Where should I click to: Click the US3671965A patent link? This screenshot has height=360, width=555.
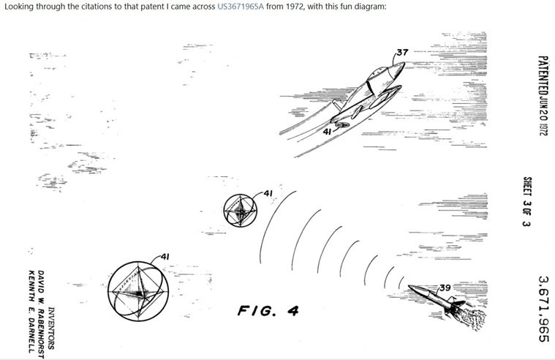pyautogui.click(x=241, y=7)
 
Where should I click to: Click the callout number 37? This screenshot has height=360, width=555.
pyautogui.click(x=402, y=53)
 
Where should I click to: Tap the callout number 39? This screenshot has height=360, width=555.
pyautogui.click(x=445, y=288)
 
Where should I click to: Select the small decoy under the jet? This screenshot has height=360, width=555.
pyautogui.click(x=342, y=124)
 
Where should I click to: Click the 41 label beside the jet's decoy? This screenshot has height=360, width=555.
pyautogui.click(x=328, y=132)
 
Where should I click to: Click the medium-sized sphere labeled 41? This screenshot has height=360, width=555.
pyautogui.click(x=241, y=211)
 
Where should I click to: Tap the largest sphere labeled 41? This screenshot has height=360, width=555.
pyautogui.click(x=138, y=291)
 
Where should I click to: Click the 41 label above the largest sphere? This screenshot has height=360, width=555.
pyautogui.click(x=165, y=257)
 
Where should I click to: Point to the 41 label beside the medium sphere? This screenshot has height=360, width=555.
pyautogui.click(x=268, y=193)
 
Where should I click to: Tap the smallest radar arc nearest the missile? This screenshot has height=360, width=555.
pyautogui.click(x=401, y=282)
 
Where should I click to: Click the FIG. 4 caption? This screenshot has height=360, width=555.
pyautogui.click(x=268, y=311)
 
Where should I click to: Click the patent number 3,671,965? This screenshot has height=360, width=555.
pyautogui.click(x=543, y=309)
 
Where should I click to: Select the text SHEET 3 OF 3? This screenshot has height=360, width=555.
pyautogui.click(x=526, y=201)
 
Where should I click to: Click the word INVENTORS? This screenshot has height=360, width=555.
pyautogui.click(x=51, y=328)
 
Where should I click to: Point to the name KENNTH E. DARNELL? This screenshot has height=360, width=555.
pyautogui.click(x=31, y=312)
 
